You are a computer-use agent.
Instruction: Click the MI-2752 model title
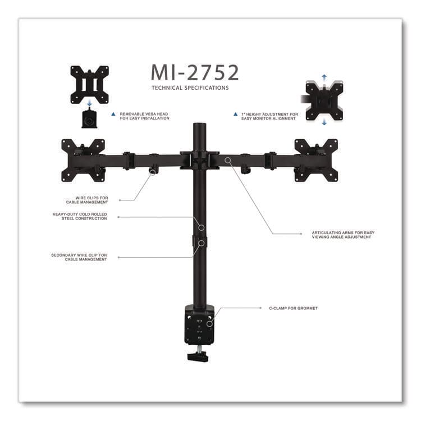pos(195,72)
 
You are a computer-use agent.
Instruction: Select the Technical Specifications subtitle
pos(190,88)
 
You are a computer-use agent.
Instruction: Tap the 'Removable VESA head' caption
pos(144,116)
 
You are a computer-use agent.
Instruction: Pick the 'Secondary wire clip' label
pos(79,257)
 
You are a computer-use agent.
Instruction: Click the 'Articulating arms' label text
pos(342,235)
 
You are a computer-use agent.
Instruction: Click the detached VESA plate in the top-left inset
pos(89,85)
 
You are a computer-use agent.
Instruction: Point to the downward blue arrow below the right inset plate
pos(324,123)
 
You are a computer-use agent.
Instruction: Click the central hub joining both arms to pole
pos(199,159)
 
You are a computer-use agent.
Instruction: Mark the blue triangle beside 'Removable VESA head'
pos(113,114)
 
